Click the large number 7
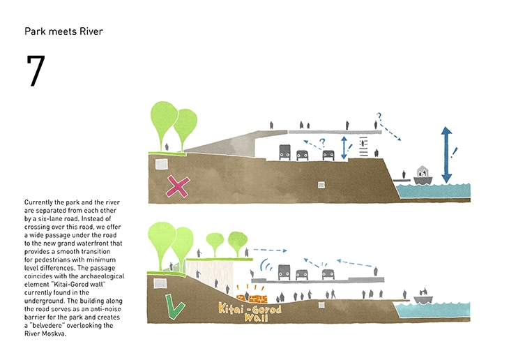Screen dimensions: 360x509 [35, 71]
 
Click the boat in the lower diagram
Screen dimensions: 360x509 [423, 298]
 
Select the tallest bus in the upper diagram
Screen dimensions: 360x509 [285, 152]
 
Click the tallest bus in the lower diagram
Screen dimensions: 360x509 [284, 271]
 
